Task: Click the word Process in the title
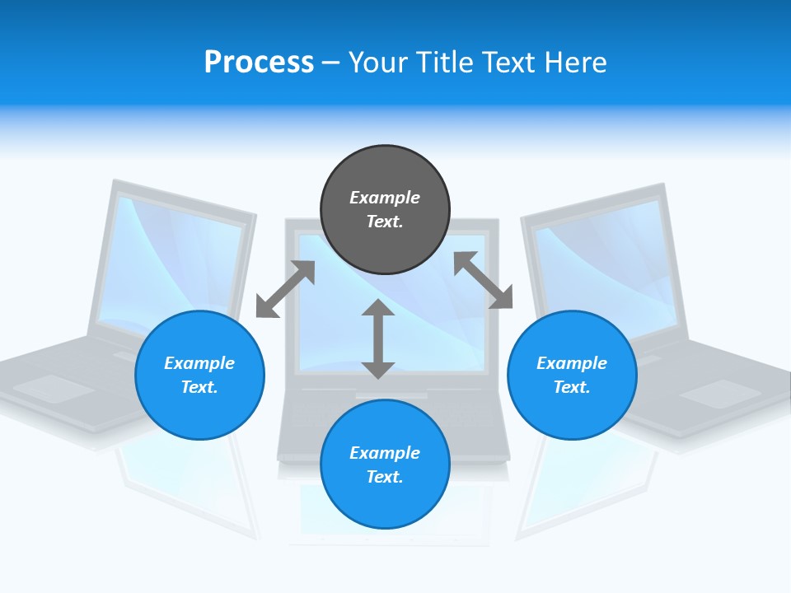click(x=259, y=63)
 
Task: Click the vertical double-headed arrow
click(x=378, y=339)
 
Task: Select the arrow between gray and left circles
click(x=285, y=289)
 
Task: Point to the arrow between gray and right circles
click(x=483, y=280)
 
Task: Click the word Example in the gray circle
click(x=385, y=198)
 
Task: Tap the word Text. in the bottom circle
click(x=385, y=477)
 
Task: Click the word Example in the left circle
click(x=199, y=363)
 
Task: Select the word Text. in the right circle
click(x=572, y=387)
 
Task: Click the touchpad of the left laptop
click(x=54, y=388)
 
